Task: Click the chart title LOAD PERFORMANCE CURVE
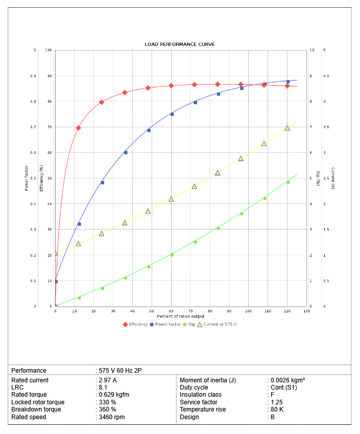click(x=179, y=44)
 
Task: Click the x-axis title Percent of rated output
click(x=180, y=316)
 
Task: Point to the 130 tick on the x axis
click(x=306, y=311)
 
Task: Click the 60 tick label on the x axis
click(x=171, y=311)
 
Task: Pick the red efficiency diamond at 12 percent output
click(x=78, y=128)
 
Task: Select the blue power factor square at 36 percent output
click(x=126, y=152)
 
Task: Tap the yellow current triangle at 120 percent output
click(x=287, y=128)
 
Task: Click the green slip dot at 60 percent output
click(x=172, y=255)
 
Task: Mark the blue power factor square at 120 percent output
click(x=288, y=82)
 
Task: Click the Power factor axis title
click(x=27, y=178)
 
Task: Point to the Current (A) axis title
click(x=332, y=178)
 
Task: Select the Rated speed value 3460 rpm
click(x=111, y=417)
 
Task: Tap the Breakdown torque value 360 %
click(x=107, y=409)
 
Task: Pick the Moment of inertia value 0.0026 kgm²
click(x=287, y=380)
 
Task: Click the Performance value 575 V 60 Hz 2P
click(x=119, y=370)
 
